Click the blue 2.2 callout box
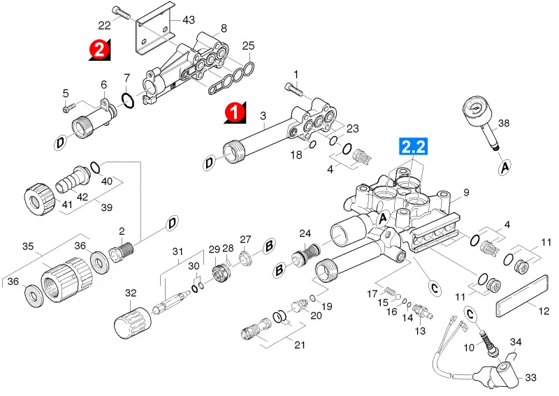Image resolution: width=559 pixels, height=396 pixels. pos(414,147)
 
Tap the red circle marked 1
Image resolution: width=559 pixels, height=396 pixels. pos(235,112)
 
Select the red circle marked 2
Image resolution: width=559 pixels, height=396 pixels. pos(99,49)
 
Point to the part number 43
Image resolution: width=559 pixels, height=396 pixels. pos(188,20)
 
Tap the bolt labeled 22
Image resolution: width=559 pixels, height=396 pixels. pos(122,13)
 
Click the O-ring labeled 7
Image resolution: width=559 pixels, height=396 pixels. pos(128,100)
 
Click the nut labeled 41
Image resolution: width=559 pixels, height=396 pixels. pos(40,198)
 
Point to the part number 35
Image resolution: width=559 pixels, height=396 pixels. pos(28,246)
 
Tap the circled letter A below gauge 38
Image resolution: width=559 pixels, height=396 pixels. pos(504,167)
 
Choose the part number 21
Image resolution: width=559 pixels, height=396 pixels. pos(300,345)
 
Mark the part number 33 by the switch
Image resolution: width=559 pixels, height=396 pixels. pos(530,377)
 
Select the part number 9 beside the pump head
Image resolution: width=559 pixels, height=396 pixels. pos(467,193)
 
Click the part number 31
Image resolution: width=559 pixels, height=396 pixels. pos(177,251)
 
